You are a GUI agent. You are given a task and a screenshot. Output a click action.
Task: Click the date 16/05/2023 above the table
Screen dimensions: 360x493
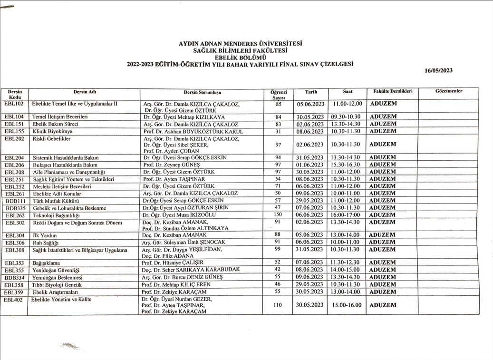pos(439,70)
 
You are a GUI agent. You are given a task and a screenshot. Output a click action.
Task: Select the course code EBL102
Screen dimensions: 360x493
pos(14,103)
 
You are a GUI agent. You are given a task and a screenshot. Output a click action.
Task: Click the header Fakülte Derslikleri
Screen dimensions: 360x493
pos(392,91)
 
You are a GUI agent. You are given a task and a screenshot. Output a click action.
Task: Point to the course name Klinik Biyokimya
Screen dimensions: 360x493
pos(52,131)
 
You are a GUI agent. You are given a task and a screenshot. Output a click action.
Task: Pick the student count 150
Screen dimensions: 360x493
pos(278,215)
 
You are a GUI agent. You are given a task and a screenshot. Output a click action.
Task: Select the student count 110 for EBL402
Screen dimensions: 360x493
pos(278,305)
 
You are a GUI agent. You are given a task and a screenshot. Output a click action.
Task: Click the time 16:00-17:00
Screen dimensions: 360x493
pos(346,215)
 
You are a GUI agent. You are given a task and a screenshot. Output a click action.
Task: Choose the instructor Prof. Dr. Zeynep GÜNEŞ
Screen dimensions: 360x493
pos(170,165)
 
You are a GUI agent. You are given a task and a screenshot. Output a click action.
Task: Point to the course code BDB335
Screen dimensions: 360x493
pos(15,208)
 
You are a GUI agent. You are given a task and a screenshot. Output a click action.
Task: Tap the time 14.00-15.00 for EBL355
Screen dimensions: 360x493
pos(346,270)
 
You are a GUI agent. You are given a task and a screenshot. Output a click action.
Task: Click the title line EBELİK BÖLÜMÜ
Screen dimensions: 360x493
pos(240,57)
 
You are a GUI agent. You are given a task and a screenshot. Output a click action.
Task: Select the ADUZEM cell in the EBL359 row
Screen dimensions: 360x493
pos(383,292)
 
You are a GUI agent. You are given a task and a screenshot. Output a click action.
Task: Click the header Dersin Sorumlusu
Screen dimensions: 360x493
pos(203,92)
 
